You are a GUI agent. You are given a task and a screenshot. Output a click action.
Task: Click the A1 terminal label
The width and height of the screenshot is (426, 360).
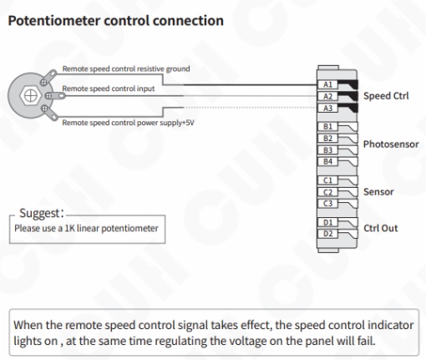327,84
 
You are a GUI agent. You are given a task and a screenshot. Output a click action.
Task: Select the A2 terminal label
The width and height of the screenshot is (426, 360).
327,96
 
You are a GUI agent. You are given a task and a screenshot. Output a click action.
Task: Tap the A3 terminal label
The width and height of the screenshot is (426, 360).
327,108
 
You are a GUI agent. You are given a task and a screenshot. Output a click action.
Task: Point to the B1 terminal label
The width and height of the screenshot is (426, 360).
327,127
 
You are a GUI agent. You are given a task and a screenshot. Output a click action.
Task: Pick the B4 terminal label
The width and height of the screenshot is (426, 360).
327,161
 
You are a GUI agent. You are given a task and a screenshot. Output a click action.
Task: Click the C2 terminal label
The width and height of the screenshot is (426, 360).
327,192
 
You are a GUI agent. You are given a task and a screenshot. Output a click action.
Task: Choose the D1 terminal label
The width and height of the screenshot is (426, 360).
327,222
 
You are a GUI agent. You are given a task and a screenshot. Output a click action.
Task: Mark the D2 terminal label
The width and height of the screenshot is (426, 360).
327,234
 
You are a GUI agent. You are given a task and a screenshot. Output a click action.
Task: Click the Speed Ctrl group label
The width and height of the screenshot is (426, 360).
386,96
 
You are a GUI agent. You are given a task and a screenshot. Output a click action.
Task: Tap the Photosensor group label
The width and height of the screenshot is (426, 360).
391,145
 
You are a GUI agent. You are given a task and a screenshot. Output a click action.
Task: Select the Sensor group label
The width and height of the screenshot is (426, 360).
378,192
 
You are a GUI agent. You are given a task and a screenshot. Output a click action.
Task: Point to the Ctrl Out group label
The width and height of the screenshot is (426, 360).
381,228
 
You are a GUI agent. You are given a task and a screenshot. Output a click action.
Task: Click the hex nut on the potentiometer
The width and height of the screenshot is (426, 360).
30,95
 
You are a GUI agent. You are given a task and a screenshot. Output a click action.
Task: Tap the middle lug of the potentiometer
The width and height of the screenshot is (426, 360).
55,96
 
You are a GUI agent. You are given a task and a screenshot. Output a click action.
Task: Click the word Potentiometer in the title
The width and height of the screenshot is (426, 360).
54,21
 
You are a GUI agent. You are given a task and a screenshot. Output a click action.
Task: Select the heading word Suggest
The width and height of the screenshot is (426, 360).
40,213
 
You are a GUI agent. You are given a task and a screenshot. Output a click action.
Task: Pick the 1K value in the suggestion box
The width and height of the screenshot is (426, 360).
69,228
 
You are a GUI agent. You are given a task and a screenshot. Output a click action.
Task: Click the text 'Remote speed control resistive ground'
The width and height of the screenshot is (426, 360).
126,68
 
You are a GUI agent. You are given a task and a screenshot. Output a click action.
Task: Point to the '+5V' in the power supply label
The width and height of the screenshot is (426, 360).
188,123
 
